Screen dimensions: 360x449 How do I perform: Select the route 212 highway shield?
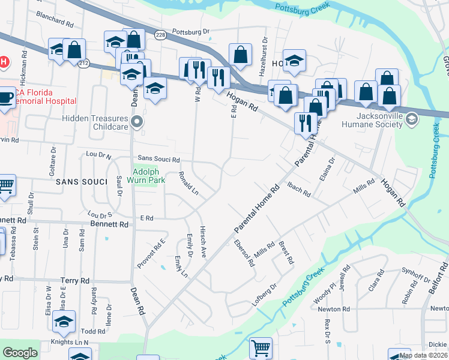coord(83,63)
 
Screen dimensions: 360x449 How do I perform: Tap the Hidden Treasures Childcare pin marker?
coord(137,122)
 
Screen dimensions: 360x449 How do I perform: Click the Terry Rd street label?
coord(75,280)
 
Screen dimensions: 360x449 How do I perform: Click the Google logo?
coord(20,353)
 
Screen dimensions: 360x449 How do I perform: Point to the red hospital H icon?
coord(4,62)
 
